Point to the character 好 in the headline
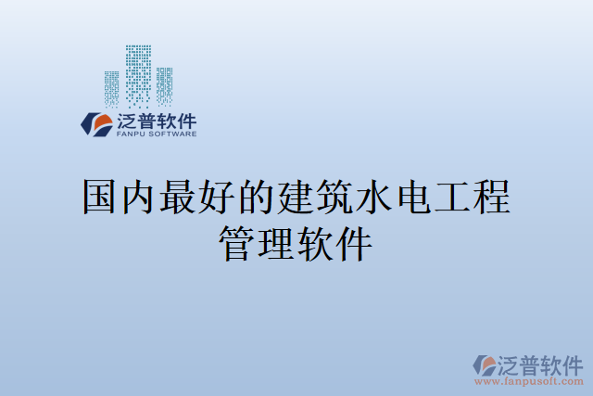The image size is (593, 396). [218, 198]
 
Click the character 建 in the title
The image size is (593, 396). [296, 198]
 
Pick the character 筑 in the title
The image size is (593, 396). [335, 198]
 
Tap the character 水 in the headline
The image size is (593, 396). [374, 198]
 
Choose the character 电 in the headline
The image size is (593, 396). [413, 198]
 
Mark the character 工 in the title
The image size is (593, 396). [453, 198]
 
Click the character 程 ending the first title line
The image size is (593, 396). [492, 198]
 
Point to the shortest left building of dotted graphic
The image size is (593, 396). [112, 89]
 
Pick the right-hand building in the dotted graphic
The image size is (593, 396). [165, 85]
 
